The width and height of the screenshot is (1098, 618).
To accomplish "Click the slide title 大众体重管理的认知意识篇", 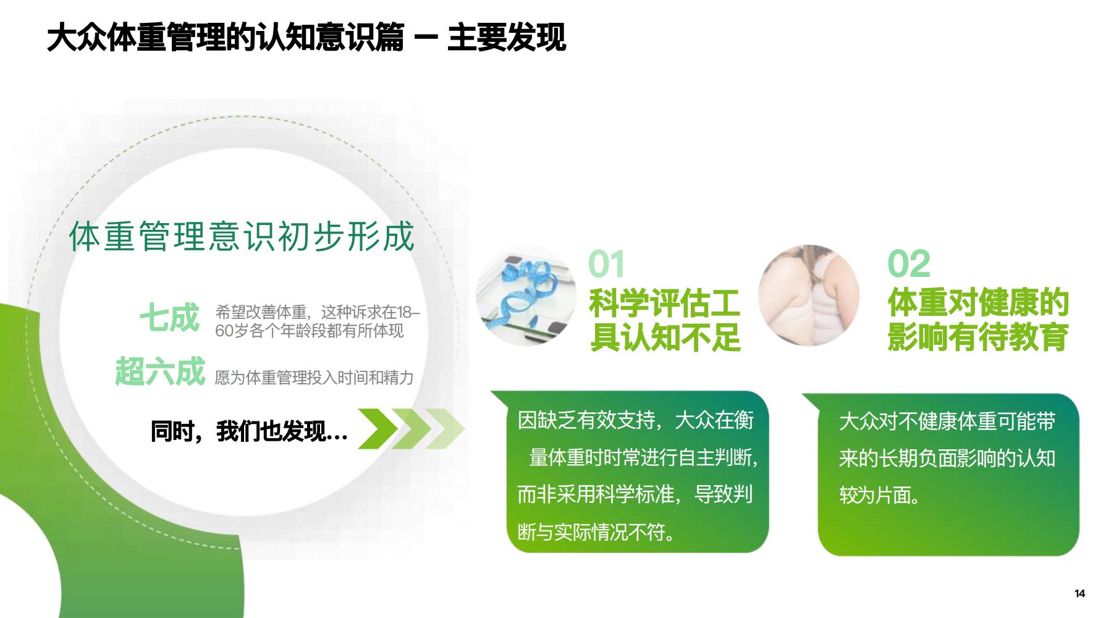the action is point(226,36).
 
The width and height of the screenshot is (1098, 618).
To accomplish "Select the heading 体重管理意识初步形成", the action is point(242,237).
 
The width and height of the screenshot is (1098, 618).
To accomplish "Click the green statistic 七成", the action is point(169,318).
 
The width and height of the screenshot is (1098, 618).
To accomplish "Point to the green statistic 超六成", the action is point(160,371).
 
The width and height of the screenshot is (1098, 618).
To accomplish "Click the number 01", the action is point(606,264).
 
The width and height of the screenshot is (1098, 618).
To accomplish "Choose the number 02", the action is point(908,264).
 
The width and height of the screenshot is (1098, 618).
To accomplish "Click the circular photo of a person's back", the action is point(809,295).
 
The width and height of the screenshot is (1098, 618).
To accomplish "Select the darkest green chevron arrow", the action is point(378,428).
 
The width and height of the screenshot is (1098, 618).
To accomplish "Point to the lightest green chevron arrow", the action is point(445,428).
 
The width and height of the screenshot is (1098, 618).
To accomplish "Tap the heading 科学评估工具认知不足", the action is point(665,320).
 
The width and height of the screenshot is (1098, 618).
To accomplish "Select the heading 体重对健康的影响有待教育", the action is point(978,320).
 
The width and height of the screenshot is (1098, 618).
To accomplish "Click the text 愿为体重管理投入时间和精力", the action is point(314,378).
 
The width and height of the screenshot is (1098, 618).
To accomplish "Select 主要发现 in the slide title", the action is point(506,36).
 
